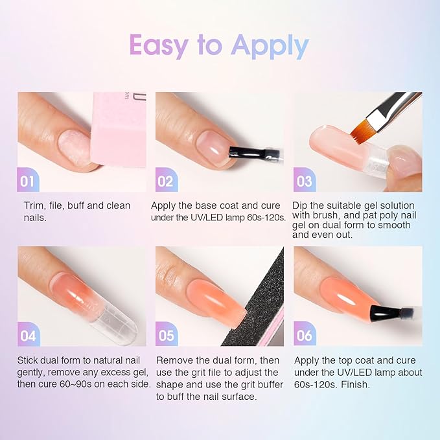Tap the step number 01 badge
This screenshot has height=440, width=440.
[x=28, y=181]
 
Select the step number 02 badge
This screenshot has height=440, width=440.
[x=165, y=181]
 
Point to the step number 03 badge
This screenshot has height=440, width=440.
[x=304, y=181]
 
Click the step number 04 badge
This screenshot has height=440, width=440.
[x=28, y=335]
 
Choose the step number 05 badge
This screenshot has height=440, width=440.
[x=165, y=335]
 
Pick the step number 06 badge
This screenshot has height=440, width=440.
[x=304, y=335]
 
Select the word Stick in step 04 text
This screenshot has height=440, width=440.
[x=29, y=360]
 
